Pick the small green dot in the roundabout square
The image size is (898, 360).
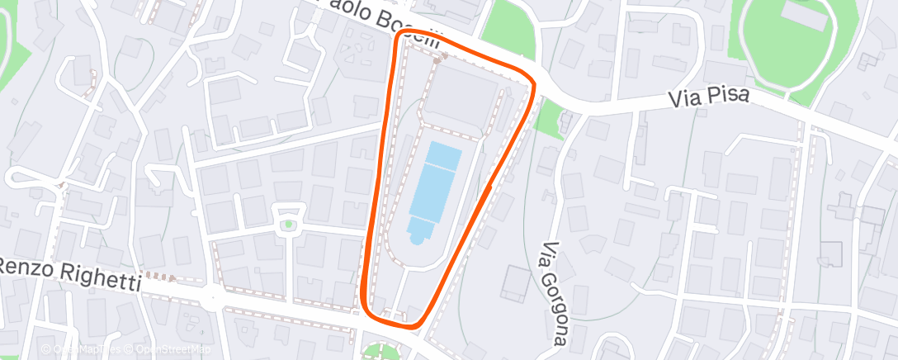(x=288, y=225)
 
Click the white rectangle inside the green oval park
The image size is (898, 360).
(x=805, y=13)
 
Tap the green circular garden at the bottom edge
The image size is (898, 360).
(x=380, y=353)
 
